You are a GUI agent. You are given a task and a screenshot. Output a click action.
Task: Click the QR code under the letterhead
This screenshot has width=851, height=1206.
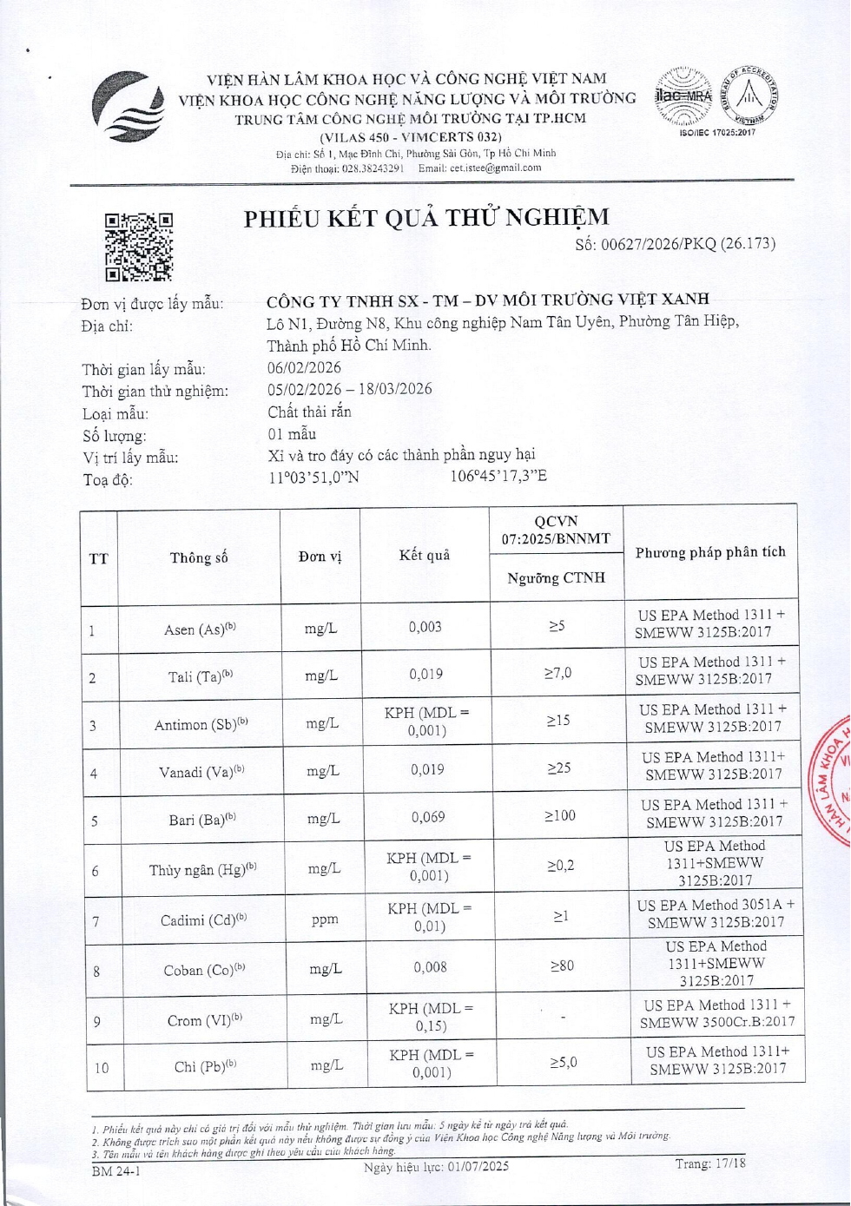tap(139, 247)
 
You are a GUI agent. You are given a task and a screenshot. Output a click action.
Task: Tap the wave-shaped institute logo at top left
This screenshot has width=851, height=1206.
tap(129, 107)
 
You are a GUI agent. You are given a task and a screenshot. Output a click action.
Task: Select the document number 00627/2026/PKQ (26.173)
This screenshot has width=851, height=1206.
tap(675, 244)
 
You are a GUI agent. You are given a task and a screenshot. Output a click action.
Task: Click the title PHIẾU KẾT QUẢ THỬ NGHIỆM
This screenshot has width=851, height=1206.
tap(426, 217)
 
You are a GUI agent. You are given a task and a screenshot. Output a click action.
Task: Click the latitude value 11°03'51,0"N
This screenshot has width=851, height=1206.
tap(313, 477)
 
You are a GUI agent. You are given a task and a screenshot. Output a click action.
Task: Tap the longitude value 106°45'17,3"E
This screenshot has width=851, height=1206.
tap(498, 476)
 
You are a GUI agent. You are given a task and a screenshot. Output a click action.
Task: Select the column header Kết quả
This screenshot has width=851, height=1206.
tap(425, 555)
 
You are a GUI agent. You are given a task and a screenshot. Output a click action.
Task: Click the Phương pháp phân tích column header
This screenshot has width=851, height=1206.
tap(710, 552)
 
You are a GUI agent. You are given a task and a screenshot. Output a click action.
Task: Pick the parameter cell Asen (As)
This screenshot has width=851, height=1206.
tap(200, 629)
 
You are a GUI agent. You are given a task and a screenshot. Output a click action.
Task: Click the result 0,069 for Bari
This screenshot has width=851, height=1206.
tap(428, 817)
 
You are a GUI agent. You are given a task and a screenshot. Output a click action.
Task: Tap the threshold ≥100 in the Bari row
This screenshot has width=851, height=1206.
tap(560, 815)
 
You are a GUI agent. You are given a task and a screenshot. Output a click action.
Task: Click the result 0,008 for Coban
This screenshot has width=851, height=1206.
tap(431, 966)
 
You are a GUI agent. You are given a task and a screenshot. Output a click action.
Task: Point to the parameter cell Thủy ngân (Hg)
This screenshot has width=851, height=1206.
tap(202, 869)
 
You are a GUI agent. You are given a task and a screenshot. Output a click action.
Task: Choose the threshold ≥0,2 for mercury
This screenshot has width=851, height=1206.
tap(561, 866)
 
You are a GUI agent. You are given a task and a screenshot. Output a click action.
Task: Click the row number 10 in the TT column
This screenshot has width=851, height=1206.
tap(102, 1067)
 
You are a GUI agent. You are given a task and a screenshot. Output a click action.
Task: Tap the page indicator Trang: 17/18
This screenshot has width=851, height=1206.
tap(710, 1163)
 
